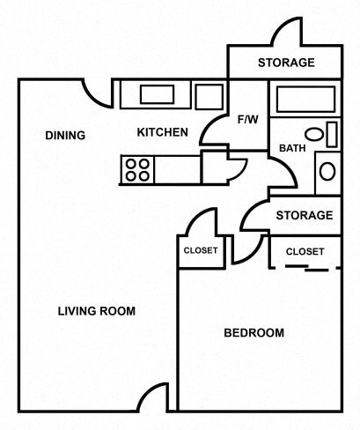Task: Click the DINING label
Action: pyautogui.click(x=65, y=136)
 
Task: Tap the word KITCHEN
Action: pyautogui.click(x=162, y=133)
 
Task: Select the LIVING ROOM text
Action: pyautogui.click(x=97, y=310)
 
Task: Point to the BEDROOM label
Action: pyautogui.click(x=253, y=332)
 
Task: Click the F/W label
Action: pyautogui.click(x=247, y=119)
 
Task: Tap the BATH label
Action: pyautogui.click(x=292, y=148)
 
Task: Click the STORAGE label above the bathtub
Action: pyautogui.click(x=286, y=63)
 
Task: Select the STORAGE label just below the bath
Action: pyautogui.click(x=304, y=215)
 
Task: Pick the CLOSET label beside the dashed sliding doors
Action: pyautogui.click(x=305, y=251)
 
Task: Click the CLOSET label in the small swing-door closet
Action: pyautogui.click(x=201, y=250)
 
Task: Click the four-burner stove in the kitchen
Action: pyautogui.click(x=136, y=168)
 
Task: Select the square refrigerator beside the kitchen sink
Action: pyautogui.click(x=209, y=95)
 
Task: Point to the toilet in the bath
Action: pyautogui.click(x=327, y=170)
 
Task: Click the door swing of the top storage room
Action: pyautogui.click(x=290, y=33)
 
